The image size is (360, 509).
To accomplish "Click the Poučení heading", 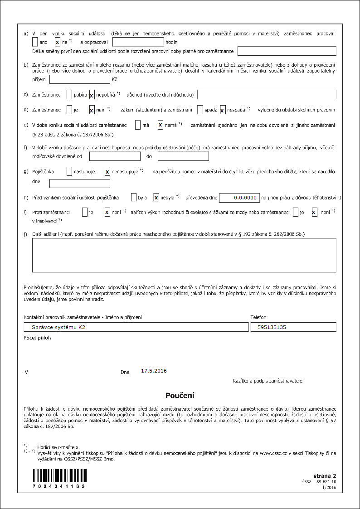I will (x=180, y=395).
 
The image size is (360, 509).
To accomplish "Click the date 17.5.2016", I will (x=154, y=371).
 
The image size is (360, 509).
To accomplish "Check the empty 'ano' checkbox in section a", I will (x=35, y=42).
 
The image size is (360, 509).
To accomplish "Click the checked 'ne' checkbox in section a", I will (x=58, y=42).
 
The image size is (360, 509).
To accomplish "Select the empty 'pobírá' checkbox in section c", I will (x=69, y=95).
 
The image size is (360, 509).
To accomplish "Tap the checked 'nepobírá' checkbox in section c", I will (x=92, y=95).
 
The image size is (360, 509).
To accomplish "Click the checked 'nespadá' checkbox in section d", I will (x=223, y=110).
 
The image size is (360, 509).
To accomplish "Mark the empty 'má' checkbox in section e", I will (x=138, y=125).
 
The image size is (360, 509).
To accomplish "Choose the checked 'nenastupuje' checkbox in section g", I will (x=107, y=171).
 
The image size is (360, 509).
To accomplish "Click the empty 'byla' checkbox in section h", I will (x=133, y=198).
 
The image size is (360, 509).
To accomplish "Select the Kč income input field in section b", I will (x=79, y=79).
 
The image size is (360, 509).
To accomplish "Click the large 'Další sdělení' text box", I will (x=184, y=255).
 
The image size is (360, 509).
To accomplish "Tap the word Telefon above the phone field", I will (x=258, y=318).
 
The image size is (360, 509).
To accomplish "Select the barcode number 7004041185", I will (x=58, y=486).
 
